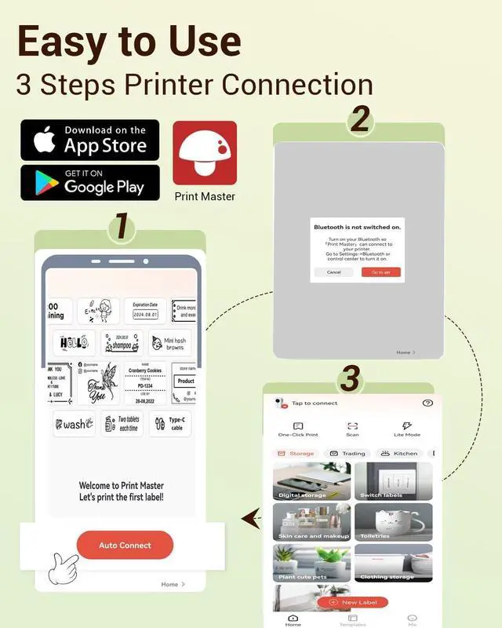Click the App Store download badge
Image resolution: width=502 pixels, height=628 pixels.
coord(89,140)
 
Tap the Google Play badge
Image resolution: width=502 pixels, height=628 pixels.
coord(89,182)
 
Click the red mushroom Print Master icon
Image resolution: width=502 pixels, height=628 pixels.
coord(205,153)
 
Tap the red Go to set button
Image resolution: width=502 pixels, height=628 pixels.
coord(380,272)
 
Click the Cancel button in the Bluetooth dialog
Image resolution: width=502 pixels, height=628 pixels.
coord(333,272)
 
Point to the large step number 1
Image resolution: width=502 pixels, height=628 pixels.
coord(121,227)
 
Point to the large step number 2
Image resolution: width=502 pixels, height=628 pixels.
coord(359,120)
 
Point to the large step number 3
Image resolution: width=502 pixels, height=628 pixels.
coord(349,380)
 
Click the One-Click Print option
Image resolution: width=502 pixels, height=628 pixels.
coord(298,429)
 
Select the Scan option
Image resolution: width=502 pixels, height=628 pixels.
coord(352,429)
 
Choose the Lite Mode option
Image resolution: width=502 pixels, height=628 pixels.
coord(406,429)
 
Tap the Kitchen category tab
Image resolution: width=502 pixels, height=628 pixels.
coord(399,454)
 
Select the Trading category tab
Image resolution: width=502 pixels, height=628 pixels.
coord(347,454)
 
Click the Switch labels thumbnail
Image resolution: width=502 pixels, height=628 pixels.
coord(393,481)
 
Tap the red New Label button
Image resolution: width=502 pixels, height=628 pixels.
coord(353,602)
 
